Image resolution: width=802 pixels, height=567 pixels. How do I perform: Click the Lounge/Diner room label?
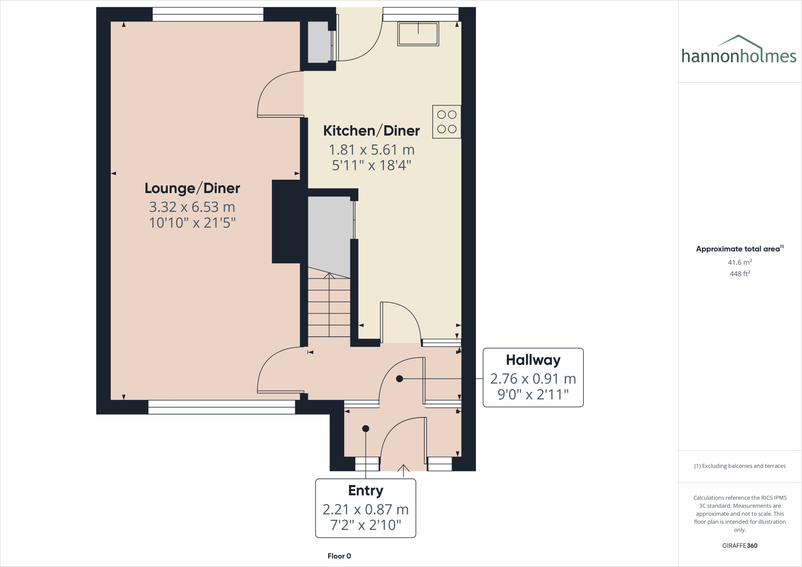tap(192, 188)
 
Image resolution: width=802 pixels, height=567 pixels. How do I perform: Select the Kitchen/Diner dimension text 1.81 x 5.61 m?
tap(371, 150)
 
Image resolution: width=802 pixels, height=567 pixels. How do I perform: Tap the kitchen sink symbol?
tap(418, 34)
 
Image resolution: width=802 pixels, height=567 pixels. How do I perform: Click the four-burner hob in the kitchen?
tap(446, 122)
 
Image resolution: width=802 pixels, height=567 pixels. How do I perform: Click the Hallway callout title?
tap(533, 360)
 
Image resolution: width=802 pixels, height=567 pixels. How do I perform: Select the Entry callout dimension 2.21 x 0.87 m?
tap(365, 509)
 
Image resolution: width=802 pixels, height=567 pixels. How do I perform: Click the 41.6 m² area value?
tap(739, 262)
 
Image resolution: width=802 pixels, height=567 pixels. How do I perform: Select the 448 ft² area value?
tap(739, 274)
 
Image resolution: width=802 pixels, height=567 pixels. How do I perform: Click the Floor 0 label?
tap(339, 556)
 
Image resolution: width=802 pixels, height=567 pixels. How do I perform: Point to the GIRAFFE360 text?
tap(739, 545)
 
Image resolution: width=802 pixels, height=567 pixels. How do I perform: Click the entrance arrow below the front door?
tap(403, 469)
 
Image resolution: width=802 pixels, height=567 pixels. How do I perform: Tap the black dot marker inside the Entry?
tap(365, 429)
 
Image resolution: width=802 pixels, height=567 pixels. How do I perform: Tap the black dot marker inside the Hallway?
tap(399, 379)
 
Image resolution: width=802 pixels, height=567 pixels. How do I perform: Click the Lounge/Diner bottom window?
tap(221, 407)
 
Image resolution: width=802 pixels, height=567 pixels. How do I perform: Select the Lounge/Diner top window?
tap(208, 14)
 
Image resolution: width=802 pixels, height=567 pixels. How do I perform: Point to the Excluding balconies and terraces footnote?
tap(739, 466)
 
